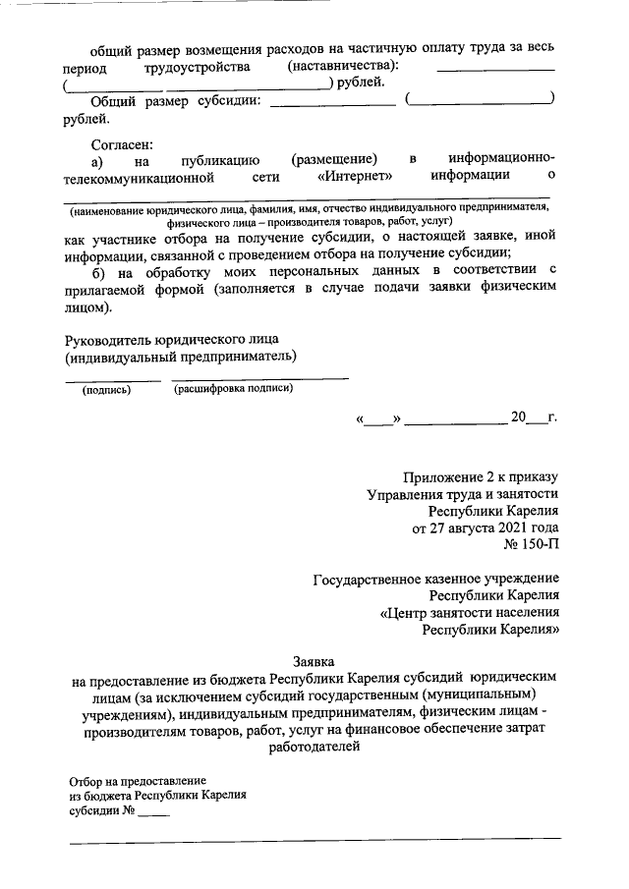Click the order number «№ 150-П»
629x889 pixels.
(x=532, y=543)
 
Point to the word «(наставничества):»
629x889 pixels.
(x=344, y=66)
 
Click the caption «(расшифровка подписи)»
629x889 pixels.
(x=233, y=389)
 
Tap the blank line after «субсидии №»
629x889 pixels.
(x=154, y=815)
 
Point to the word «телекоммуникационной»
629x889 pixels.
(x=138, y=176)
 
